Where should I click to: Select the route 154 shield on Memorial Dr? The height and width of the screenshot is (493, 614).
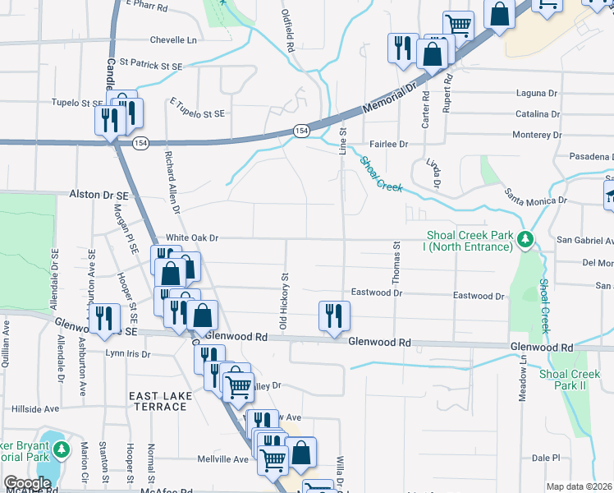301,131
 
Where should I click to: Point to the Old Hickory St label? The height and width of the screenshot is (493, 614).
283,302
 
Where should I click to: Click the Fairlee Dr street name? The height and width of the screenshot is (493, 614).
388,145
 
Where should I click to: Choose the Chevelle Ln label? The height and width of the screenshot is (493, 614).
174,39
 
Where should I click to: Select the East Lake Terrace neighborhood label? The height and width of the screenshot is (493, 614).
161,402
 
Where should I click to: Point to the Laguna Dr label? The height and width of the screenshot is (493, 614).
537,94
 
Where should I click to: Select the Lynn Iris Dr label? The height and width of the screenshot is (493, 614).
127,354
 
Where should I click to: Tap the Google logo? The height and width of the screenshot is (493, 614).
27,483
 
